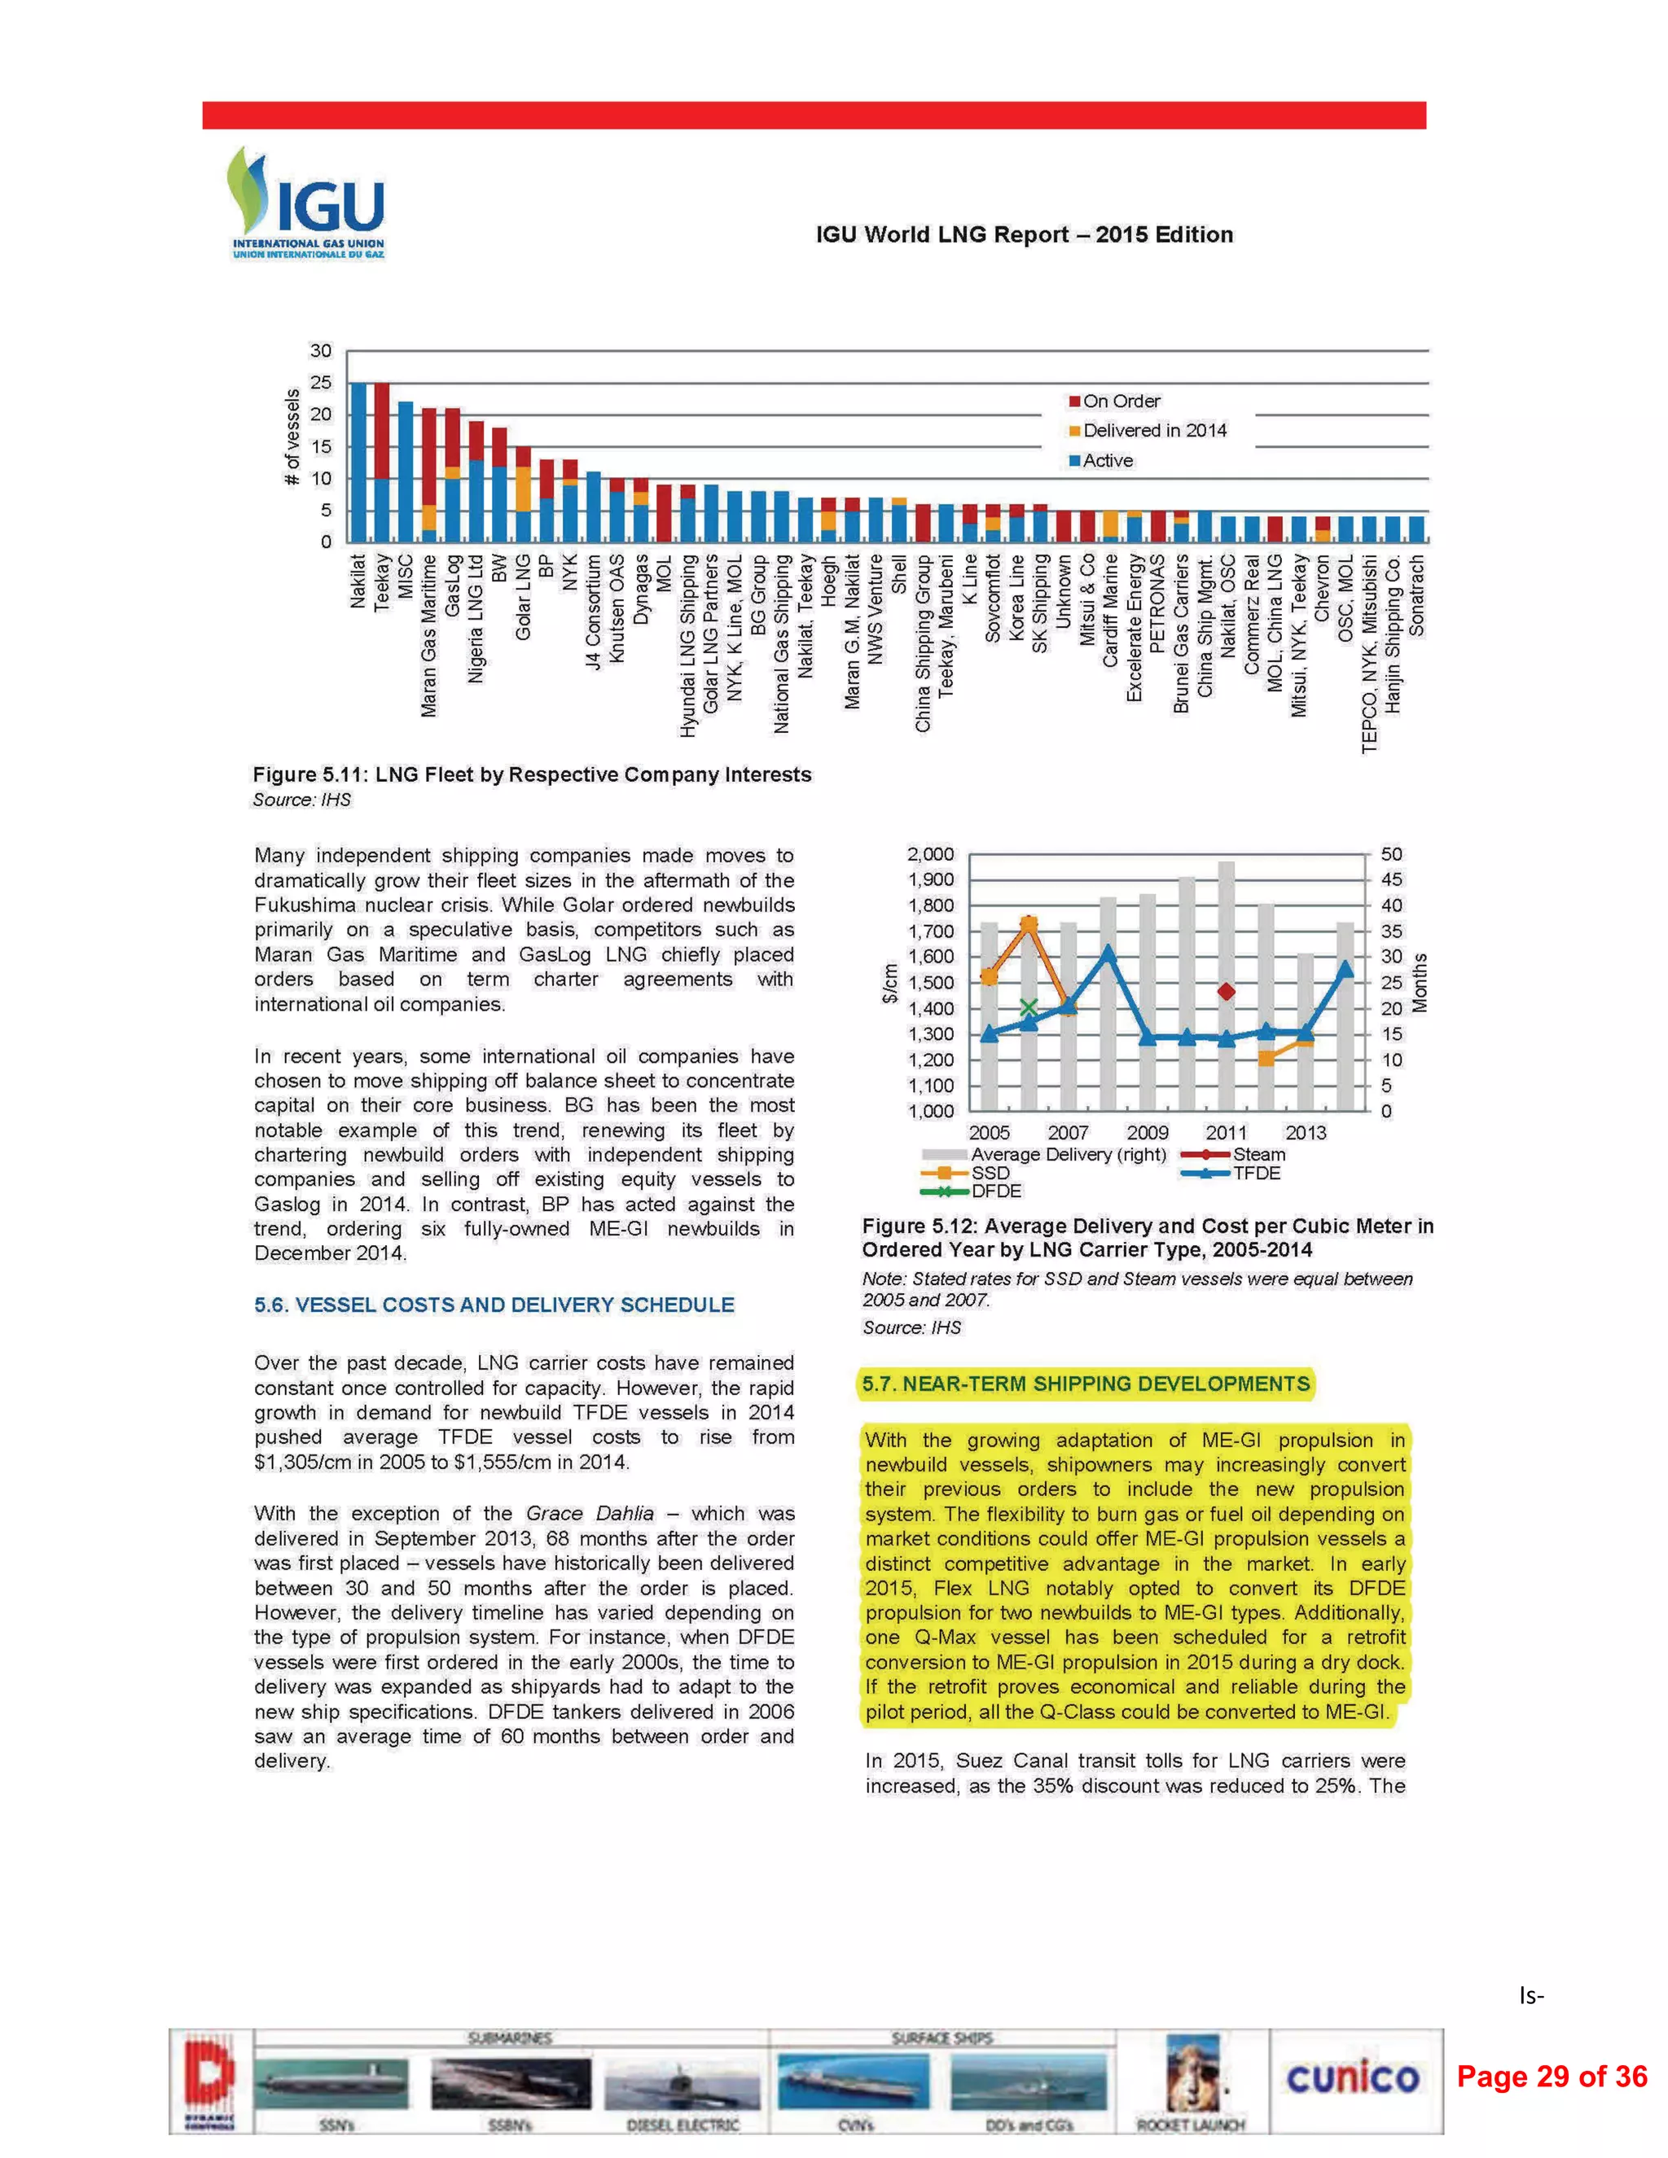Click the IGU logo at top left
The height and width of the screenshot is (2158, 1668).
(306, 203)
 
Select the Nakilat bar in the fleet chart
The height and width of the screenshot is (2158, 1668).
(358, 463)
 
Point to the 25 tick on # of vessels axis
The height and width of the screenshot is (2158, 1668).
(321, 383)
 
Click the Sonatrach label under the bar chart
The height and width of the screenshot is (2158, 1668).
(1417, 594)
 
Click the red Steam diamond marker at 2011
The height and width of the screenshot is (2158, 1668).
(1227, 991)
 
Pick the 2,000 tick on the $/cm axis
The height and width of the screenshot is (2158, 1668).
(931, 853)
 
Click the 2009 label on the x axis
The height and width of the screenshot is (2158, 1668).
(1148, 1133)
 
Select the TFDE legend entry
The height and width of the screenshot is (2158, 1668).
(1256, 1173)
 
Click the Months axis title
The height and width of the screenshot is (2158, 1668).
(1420, 982)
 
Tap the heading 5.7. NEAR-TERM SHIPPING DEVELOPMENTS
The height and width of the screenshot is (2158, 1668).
(1085, 1384)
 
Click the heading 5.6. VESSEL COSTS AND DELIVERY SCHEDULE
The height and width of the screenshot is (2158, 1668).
(494, 1305)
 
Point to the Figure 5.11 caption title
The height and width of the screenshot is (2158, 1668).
(532, 774)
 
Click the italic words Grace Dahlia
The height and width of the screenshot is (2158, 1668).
(590, 1514)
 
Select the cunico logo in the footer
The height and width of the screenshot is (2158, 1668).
(1352, 2077)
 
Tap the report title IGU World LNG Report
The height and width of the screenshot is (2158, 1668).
(1024, 235)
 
